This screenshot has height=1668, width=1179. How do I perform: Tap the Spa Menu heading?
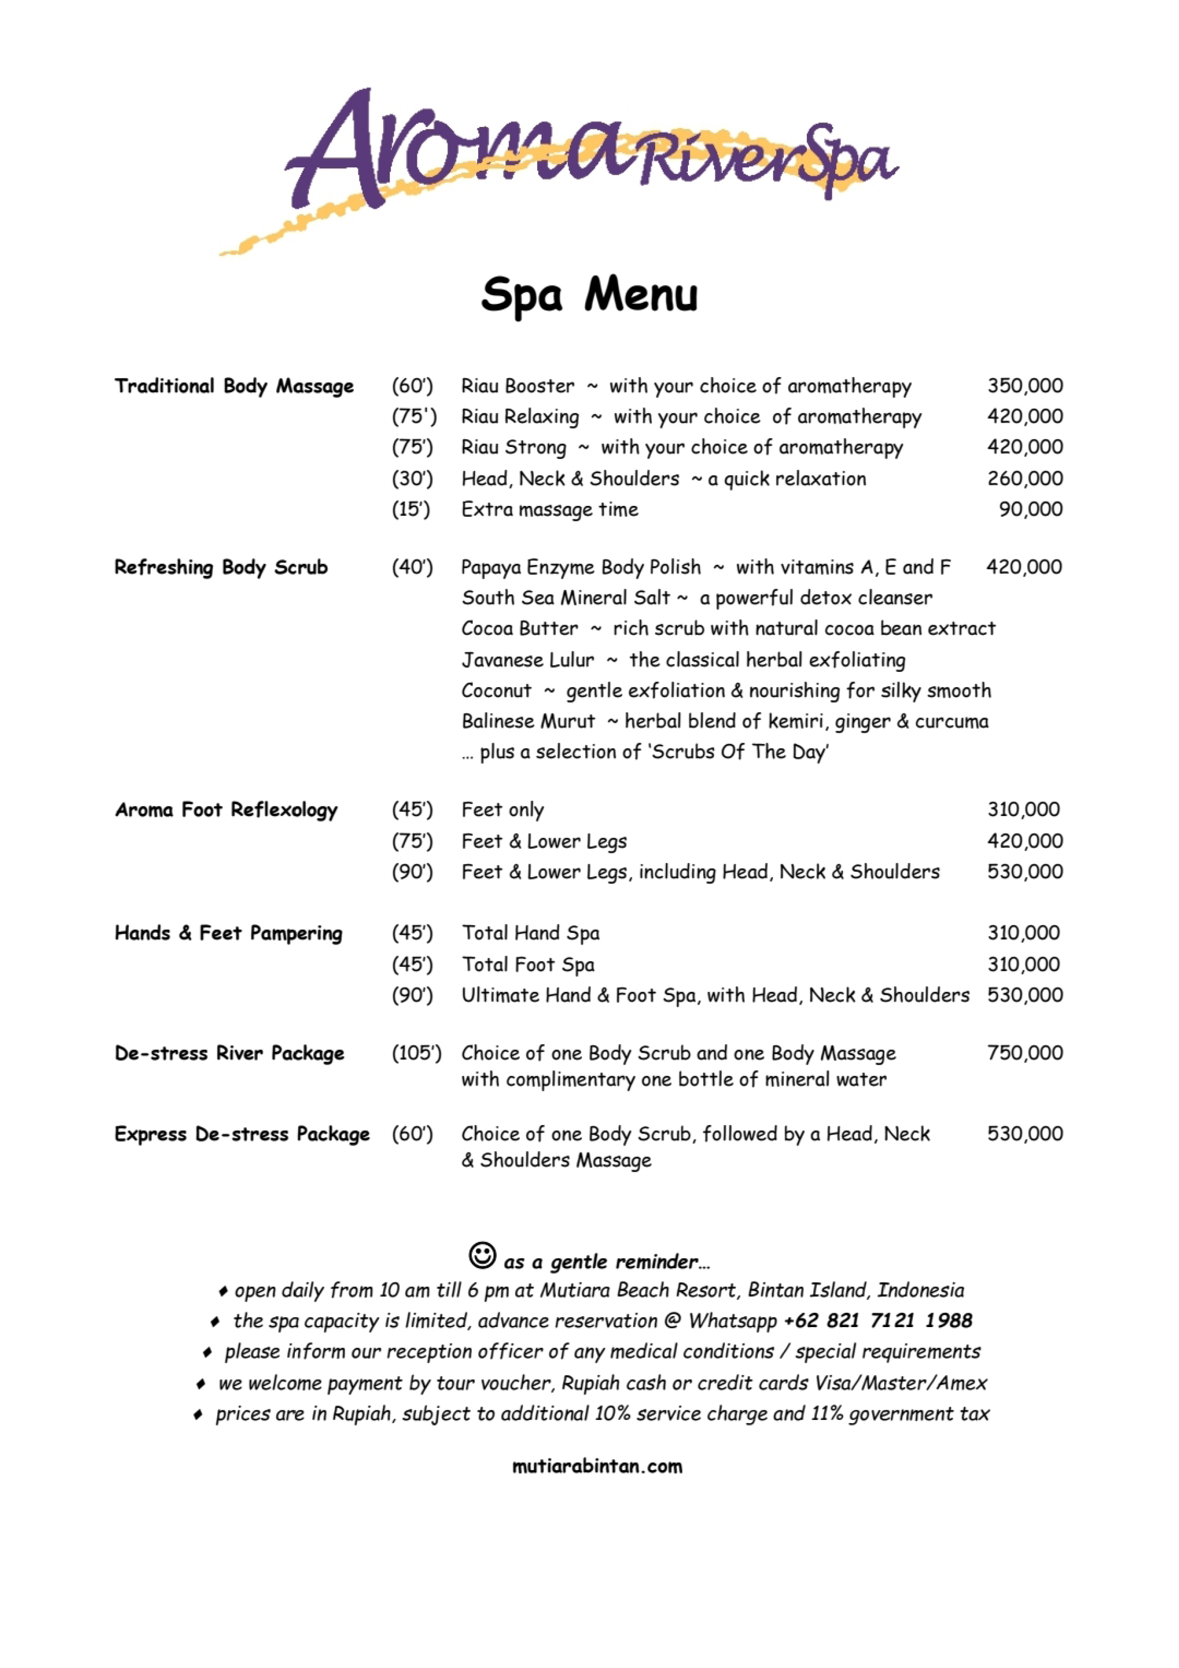pos(589,295)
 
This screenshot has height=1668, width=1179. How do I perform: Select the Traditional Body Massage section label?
pos(234,386)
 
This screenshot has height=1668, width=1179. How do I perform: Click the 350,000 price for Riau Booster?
pos(1024,386)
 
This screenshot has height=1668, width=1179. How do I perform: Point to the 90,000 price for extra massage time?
pos(1030,509)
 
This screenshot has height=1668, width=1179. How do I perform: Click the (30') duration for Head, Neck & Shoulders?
pos(412,479)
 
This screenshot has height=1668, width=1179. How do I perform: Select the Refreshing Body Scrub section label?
pos(221,567)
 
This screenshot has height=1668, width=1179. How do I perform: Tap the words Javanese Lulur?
pos(527,659)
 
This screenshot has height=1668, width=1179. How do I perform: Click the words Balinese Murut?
pos(528,721)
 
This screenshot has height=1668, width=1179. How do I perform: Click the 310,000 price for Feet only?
pos(1023,809)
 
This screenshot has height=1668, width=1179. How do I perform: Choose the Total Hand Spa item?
pos(530,933)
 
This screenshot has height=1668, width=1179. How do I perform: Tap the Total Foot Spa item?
pos(528,965)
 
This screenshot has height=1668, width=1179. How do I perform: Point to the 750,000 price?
pos(1024,1053)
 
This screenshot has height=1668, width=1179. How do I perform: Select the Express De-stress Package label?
pos(242,1134)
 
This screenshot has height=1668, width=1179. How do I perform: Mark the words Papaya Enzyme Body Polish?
pos(581,567)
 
